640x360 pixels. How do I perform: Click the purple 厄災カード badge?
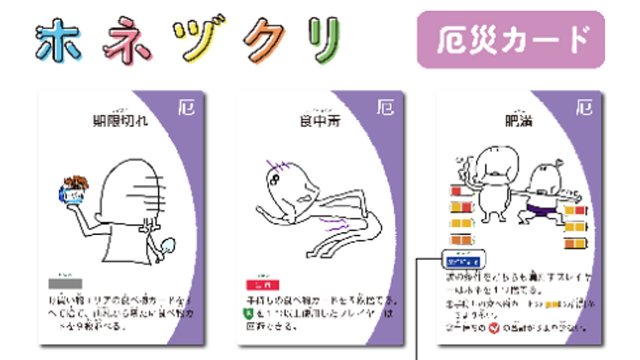[x=510, y=40]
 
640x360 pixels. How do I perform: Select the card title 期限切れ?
[x=121, y=121]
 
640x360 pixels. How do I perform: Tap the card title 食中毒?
[x=319, y=121]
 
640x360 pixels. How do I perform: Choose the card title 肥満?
[x=518, y=121]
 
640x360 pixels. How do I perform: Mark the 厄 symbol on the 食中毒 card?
[x=386, y=108]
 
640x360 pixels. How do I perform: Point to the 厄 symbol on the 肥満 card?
[x=585, y=108]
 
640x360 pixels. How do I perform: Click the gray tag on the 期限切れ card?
[x=66, y=283]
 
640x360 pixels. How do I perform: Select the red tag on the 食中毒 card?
[x=262, y=285]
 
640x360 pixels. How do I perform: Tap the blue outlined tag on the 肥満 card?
[x=464, y=261]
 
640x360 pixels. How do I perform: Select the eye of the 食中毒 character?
[x=276, y=178]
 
